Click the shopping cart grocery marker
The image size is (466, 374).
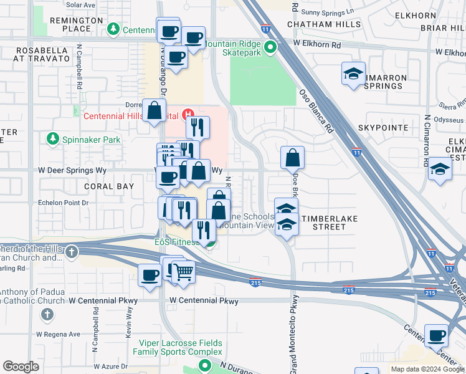(x=183, y=271)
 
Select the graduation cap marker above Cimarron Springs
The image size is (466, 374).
(x=353, y=74)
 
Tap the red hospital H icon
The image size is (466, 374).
(x=187, y=115)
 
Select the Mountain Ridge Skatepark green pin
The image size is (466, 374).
(x=270, y=47)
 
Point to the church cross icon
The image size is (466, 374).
(x=72, y=252)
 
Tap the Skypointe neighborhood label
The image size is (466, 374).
(x=383, y=128)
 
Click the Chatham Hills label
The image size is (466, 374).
(x=324, y=24)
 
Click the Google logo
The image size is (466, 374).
(x=21, y=367)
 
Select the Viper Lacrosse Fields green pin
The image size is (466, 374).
(x=205, y=366)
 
